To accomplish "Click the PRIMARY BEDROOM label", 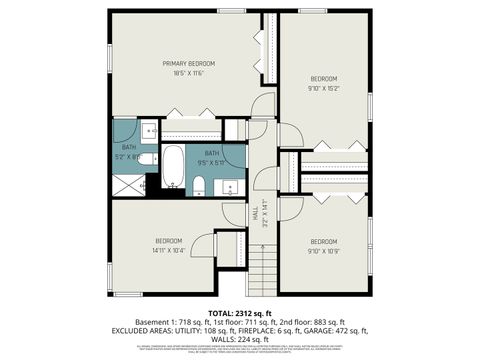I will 189,63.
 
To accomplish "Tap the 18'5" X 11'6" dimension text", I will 189,73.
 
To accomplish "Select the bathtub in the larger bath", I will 172,166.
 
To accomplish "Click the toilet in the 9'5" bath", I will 198,184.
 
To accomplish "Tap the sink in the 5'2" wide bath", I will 147,129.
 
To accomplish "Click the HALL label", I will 256,214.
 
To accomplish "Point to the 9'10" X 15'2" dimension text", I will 323,87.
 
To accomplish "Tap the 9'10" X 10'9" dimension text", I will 323,249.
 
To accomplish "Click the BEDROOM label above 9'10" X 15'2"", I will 323,78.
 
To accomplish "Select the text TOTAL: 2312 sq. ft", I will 240,312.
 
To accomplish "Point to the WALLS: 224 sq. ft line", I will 240,339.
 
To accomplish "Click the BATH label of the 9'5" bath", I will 212,152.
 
